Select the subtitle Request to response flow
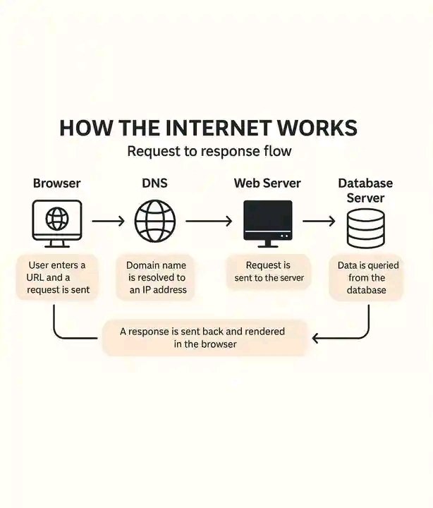[209, 152]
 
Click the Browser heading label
[56, 183]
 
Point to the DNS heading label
[154, 183]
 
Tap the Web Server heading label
[267, 183]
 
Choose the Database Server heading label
[365, 190]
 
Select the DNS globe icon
[155, 222]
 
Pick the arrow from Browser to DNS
[107, 222]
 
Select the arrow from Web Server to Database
[319, 222]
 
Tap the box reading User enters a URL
[57, 277]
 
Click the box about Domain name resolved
[157, 277]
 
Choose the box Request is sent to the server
[268, 272]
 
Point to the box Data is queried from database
[367, 277]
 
